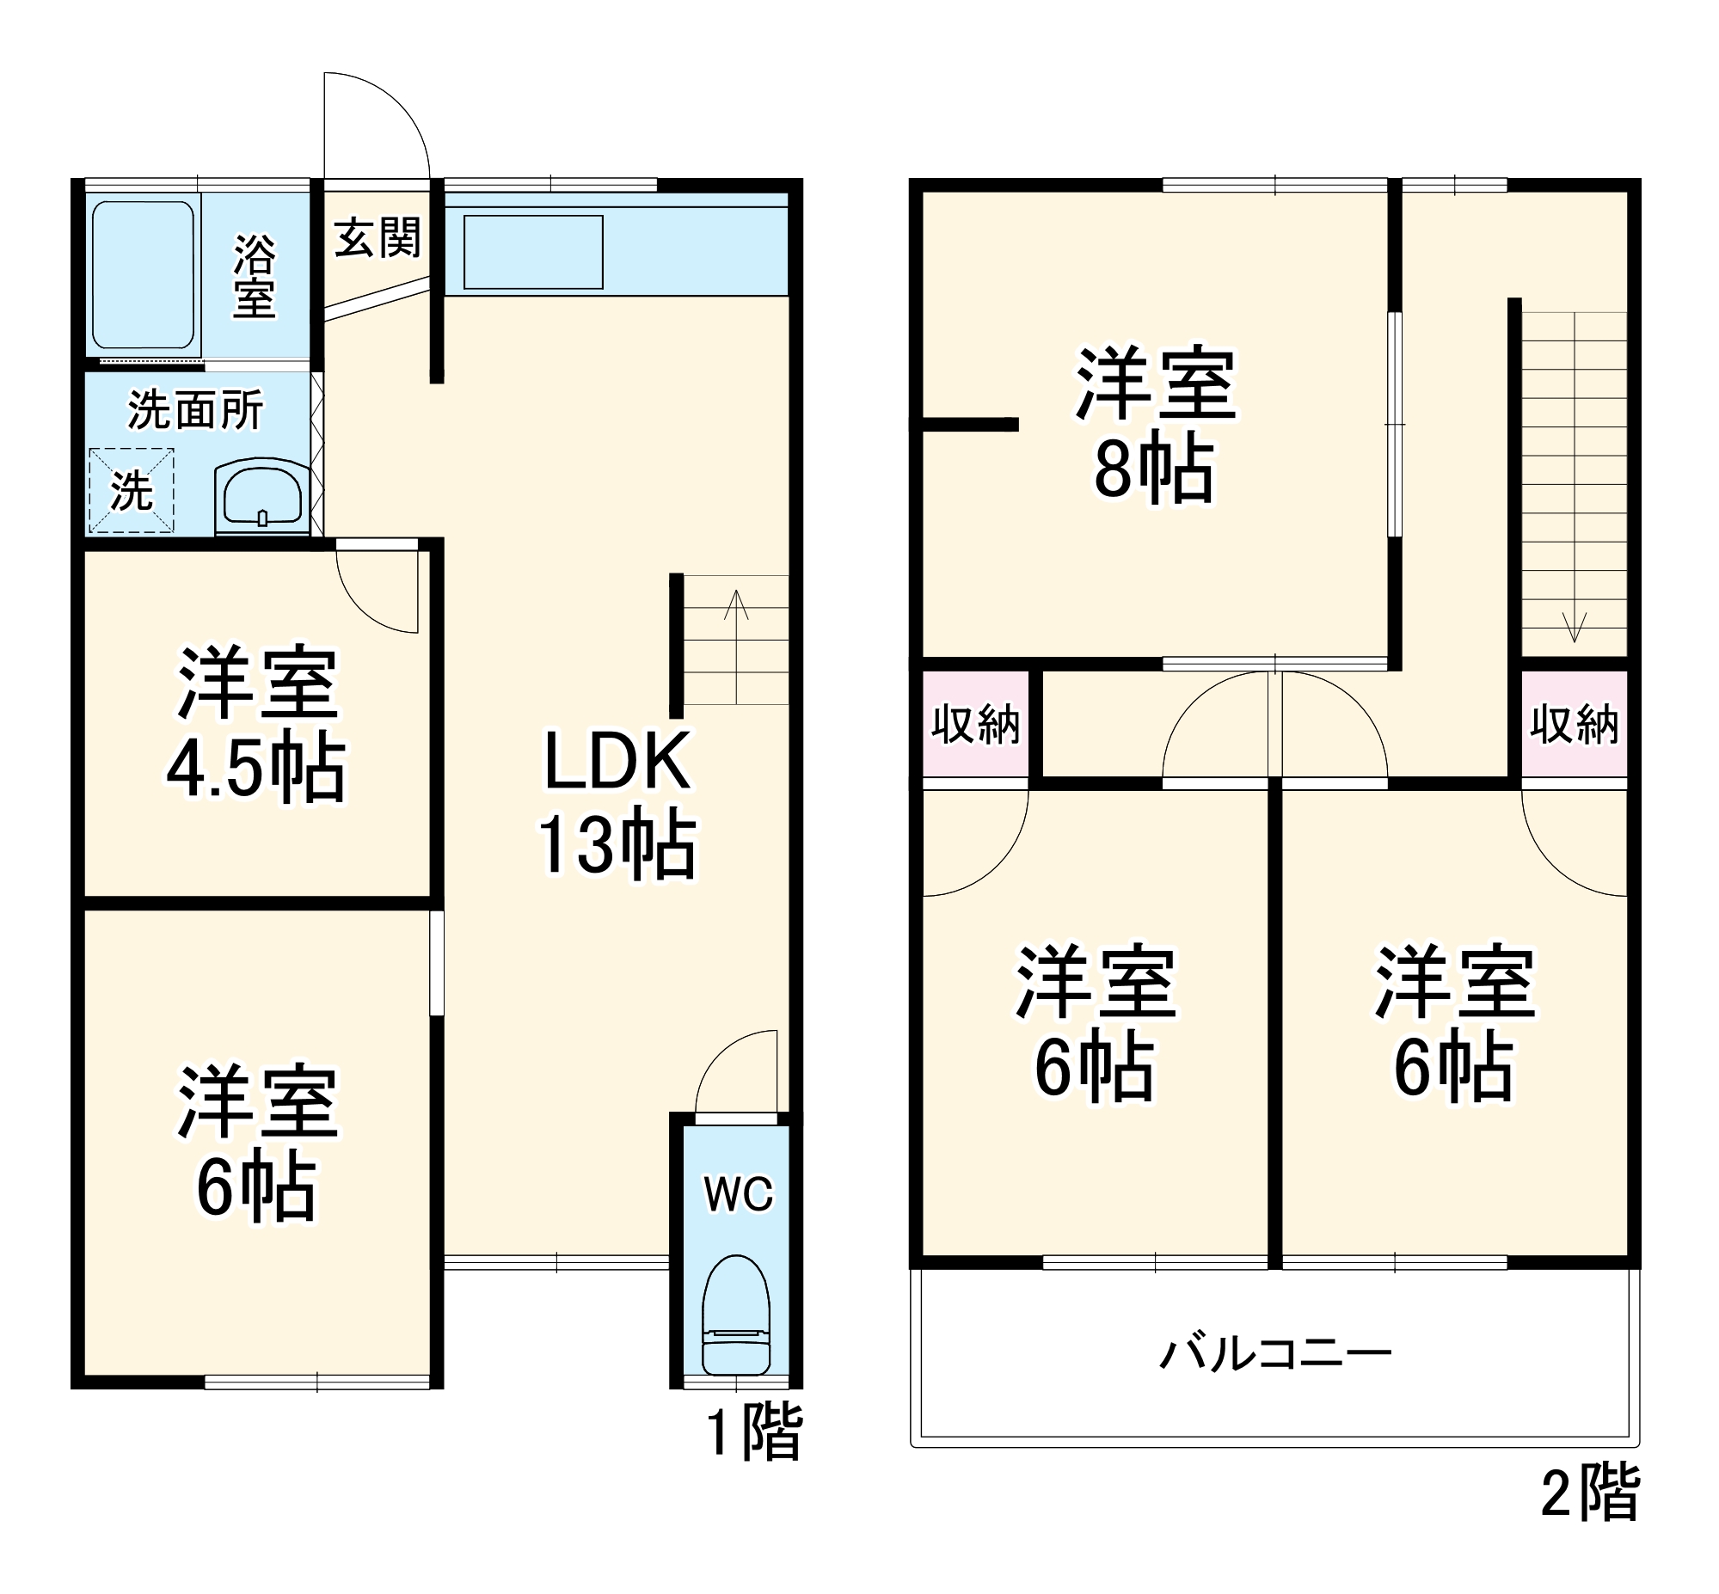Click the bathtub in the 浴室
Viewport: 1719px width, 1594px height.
tap(143, 274)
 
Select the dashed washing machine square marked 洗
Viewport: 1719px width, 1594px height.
tap(131, 490)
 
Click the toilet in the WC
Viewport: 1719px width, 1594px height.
tap(736, 1315)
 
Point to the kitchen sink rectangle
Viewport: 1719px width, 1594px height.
tap(533, 252)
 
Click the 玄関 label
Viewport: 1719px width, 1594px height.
tap(377, 237)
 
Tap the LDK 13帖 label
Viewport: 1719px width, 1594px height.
tap(617, 803)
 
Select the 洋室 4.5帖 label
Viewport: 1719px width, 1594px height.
tap(256, 723)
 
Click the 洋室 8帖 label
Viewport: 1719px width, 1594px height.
tap(1155, 425)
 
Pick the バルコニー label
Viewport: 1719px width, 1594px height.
tap(1274, 1354)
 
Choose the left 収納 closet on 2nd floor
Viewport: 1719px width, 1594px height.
tap(975, 723)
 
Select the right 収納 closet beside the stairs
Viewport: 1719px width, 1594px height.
tap(1574, 723)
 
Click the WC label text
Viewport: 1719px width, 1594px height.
tap(739, 1193)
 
